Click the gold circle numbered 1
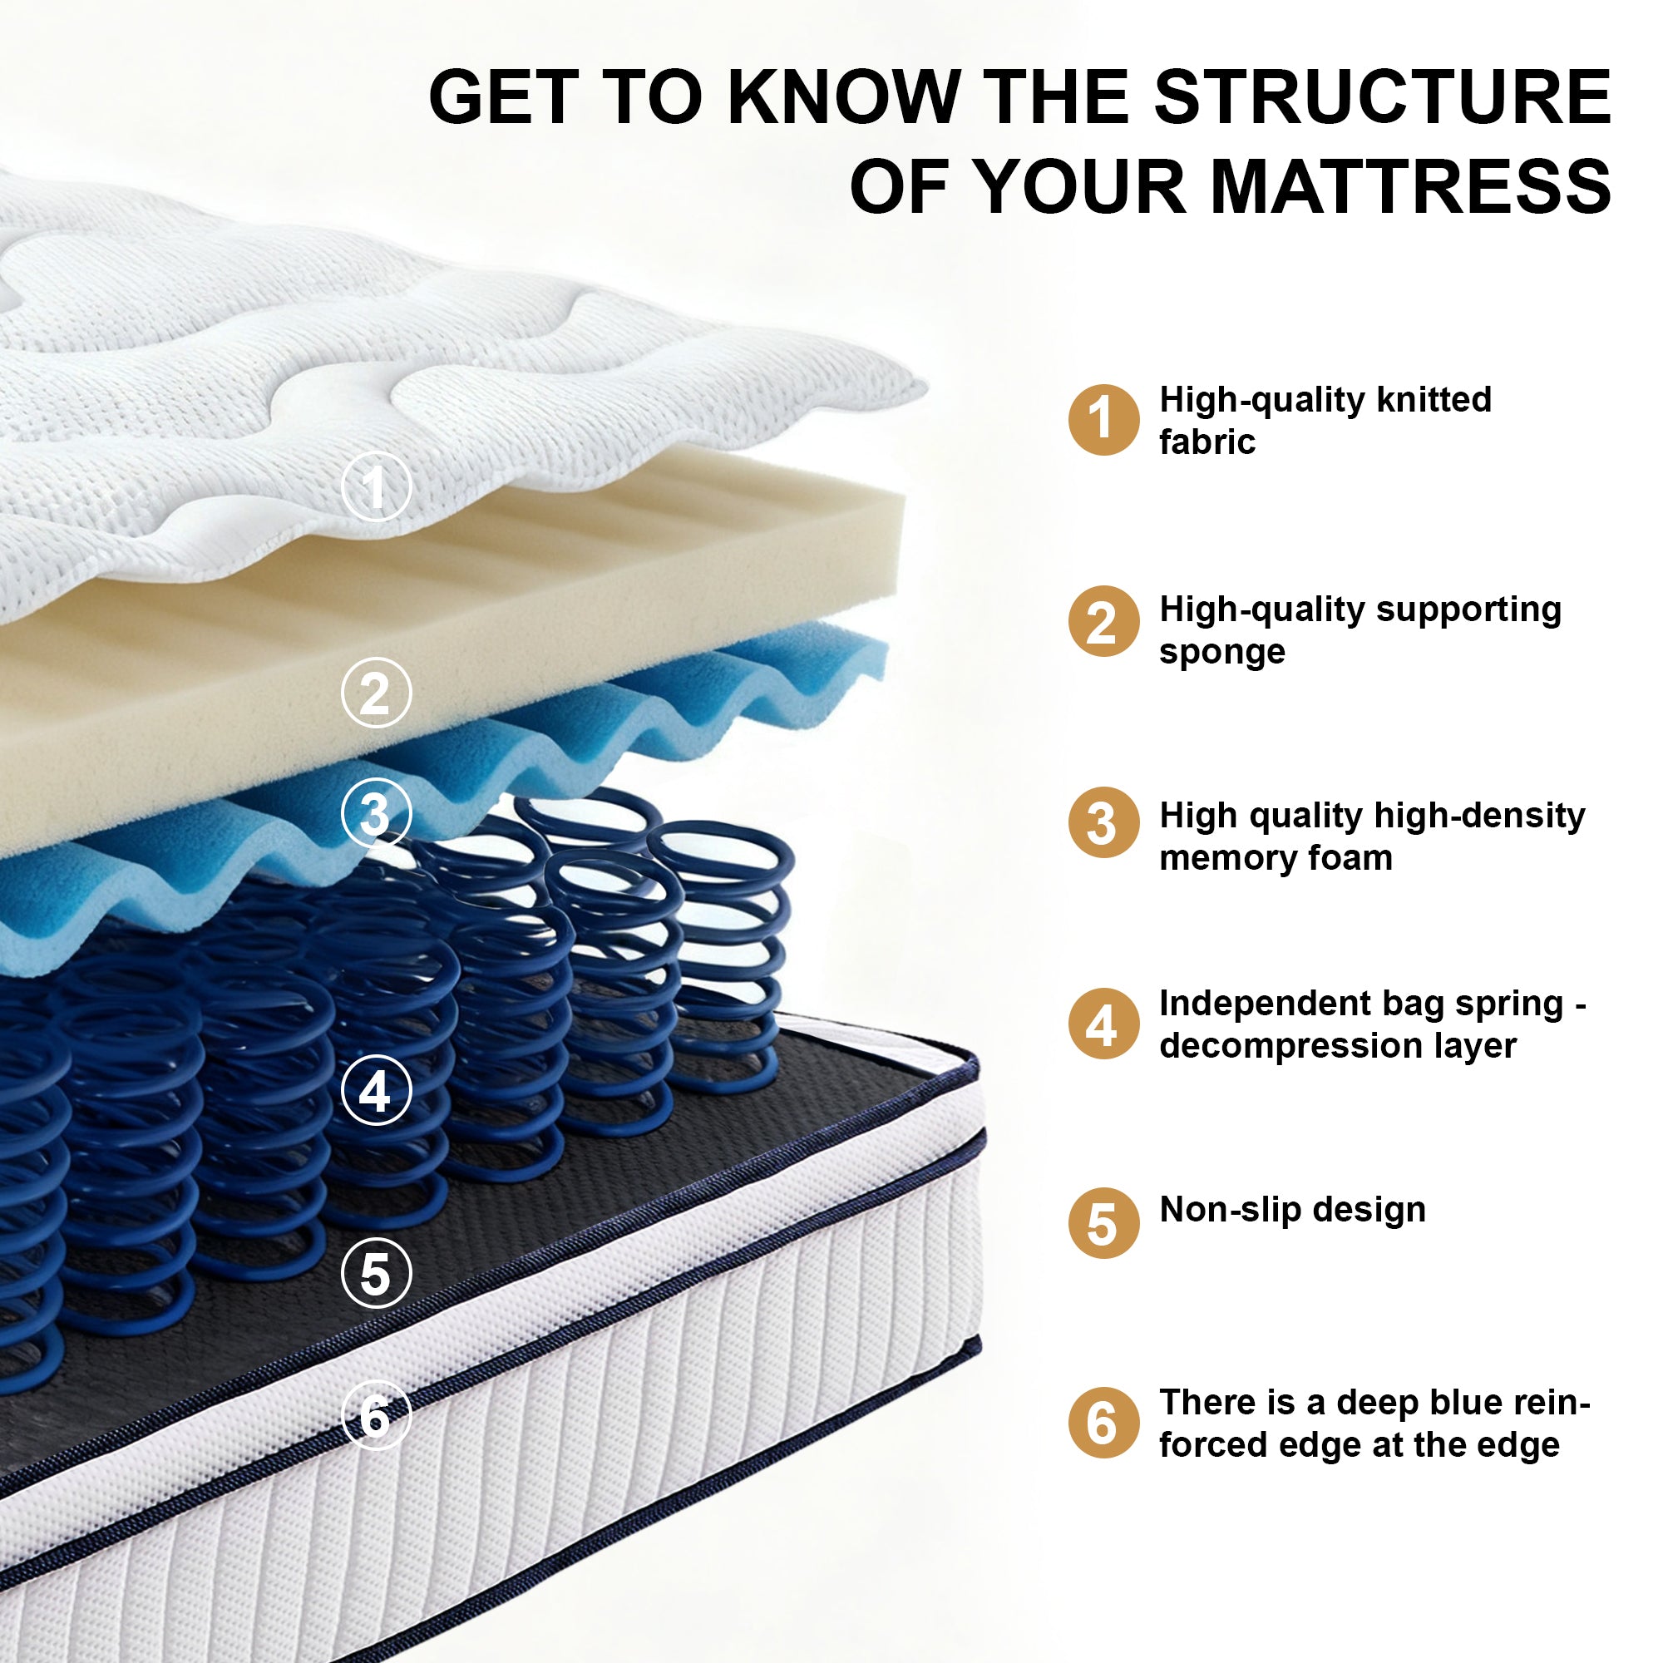pyautogui.click(x=1103, y=419)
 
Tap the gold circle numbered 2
pyautogui.click(x=1103, y=620)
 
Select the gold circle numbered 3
pyautogui.click(x=1103, y=822)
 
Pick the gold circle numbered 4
pyautogui.click(x=1103, y=1024)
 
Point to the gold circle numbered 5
pyautogui.click(x=1103, y=1223)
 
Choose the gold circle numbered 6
pyautogui.click(x=1103, y=1423)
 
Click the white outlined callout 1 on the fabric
pyautogui.click(x=376, y=486)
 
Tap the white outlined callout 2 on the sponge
pyautogui.click(x=376, y=693)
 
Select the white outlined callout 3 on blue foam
pyautogui.click(x=376, y=813)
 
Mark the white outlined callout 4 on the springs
pyautogui.click(x=376, y=1091)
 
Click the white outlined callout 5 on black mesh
pyautogui.click(x=376, y=1273)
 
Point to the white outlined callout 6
pyautogui.click(x=376, y=1416)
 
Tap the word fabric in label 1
pyautogui.click(x=1207, y=442)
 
